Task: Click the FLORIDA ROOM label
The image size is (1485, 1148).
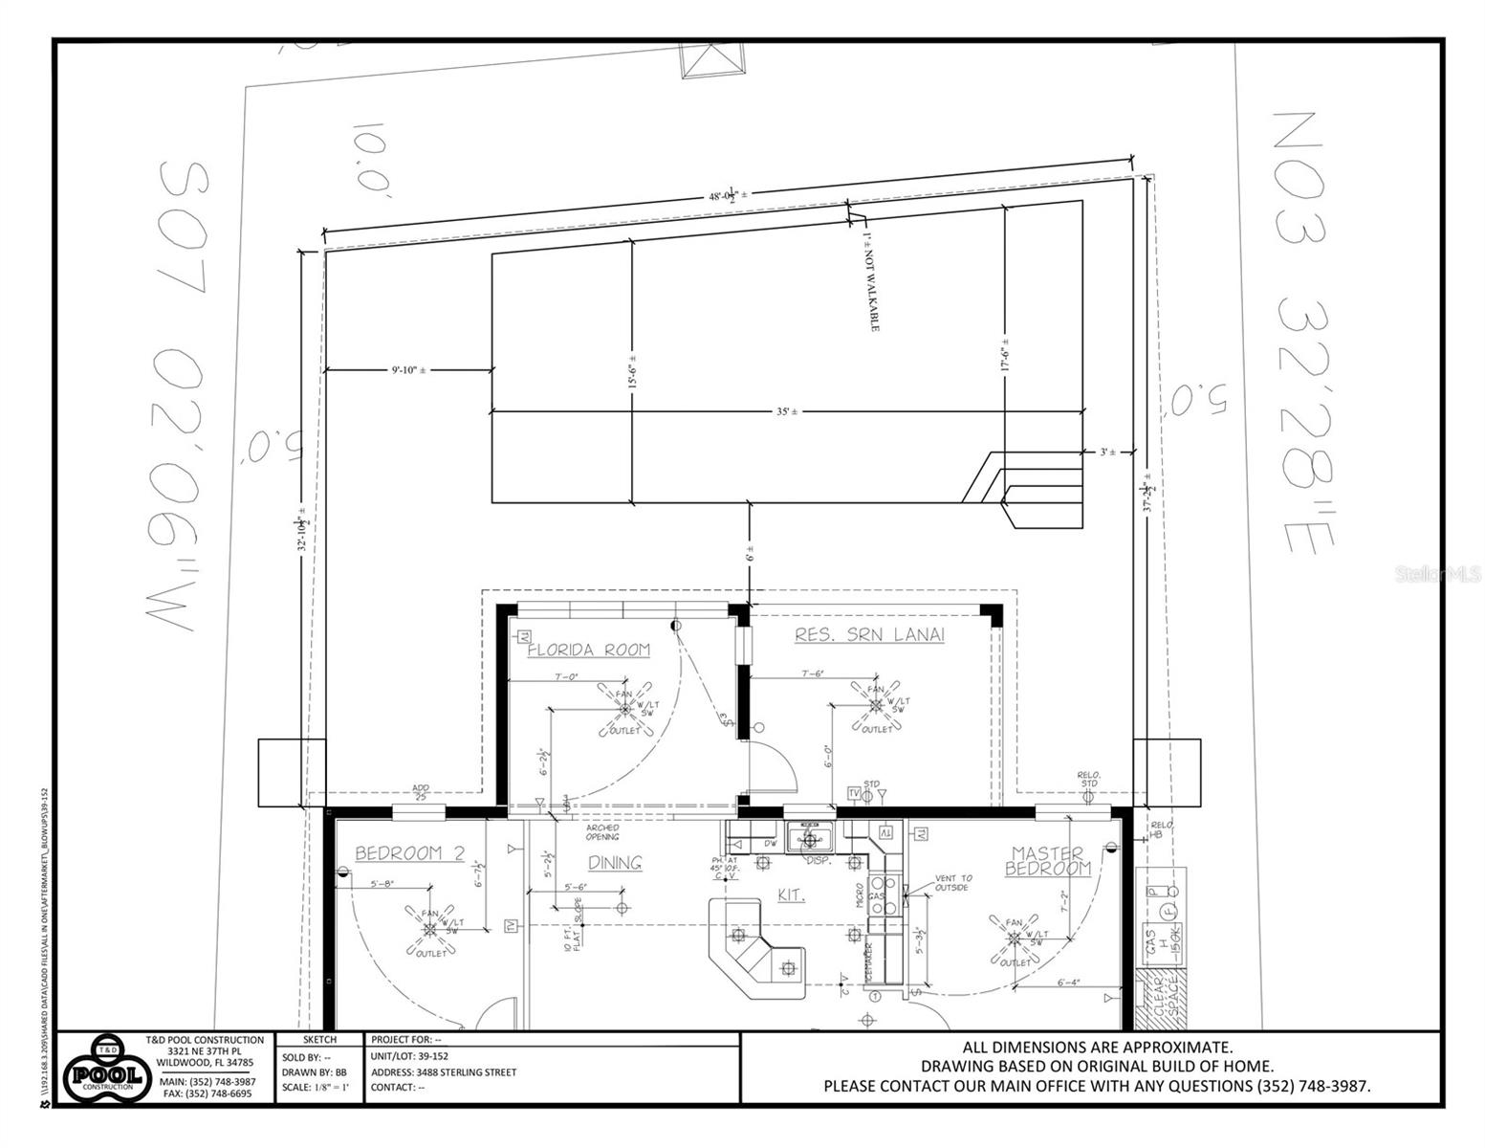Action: coord(588,651)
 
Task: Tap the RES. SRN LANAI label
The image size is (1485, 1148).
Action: coord(869,635)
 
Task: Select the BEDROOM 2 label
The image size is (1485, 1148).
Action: coord(409,853)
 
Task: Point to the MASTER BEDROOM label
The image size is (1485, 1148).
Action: coord(1047,861)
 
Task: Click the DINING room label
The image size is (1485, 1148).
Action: coord(614,863)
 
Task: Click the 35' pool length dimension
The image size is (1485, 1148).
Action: coord(786,411)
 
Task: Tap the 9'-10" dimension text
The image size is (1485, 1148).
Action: coord(408,369)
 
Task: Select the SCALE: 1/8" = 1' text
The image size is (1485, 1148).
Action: coord(316,1088)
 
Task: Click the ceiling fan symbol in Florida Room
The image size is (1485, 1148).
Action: coord(625,709)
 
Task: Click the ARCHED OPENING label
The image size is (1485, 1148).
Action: coord(602,831)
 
